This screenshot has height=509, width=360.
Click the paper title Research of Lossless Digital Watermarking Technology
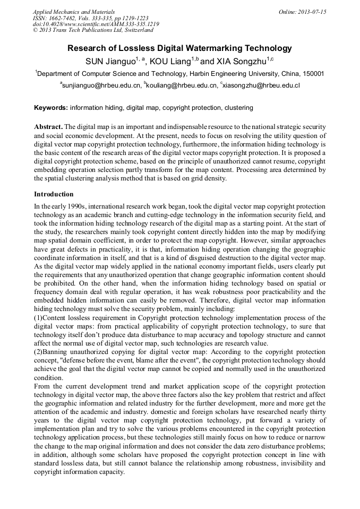coord(179,48)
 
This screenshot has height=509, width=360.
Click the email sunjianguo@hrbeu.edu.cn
coord(101,85)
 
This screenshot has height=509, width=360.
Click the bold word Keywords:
coord(51,108)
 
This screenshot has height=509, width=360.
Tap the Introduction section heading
coord(54,194)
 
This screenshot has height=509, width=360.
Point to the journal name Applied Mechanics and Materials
coord(74,12)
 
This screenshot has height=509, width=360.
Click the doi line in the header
coord(96,24)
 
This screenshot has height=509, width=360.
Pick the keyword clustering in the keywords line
coord(238,108)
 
